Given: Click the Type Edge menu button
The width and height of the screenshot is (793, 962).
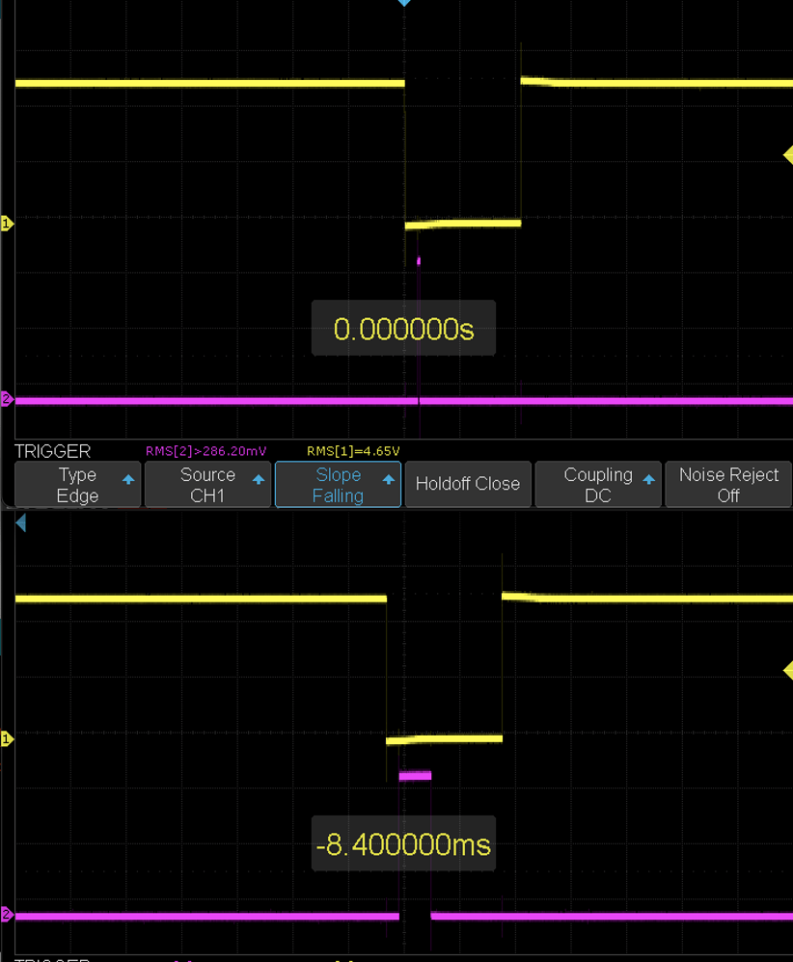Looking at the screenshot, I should (78, 485).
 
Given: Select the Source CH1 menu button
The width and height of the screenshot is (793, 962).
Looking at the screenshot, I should (207, 485).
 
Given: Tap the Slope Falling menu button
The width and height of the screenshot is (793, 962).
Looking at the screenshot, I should (338, 485).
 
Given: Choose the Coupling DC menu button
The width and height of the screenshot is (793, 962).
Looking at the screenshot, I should (598, 485).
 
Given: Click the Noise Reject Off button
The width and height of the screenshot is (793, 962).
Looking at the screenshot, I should (728, 485).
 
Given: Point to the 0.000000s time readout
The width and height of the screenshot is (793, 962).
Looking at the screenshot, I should (403, 329).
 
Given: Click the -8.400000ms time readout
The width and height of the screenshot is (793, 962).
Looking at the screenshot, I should (403, 845).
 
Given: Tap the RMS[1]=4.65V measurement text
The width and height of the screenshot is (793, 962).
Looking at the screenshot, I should (353, 450).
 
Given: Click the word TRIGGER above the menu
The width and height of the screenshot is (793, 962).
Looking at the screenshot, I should (53, 451).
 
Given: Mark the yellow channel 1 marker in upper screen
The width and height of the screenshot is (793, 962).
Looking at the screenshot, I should (7, 224).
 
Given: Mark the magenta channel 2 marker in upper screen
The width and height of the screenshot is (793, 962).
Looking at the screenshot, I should (7, 399).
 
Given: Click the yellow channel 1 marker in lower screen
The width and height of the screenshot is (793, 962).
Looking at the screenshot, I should (7, 739).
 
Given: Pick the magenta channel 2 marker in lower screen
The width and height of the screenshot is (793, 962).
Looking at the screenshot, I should (7, 914).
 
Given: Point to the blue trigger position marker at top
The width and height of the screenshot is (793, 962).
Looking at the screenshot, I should (405, 4).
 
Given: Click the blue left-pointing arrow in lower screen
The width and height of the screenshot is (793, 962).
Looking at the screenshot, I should (20, 523).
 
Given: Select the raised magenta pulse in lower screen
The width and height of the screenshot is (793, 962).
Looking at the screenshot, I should (415, 775).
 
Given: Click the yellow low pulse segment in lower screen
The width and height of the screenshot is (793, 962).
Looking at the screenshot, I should (445, 739).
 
